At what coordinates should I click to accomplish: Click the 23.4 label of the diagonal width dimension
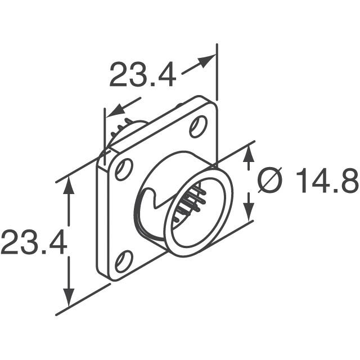(142, 75)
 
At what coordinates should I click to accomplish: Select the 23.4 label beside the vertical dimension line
(34, 242)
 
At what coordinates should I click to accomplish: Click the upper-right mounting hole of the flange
(197, 127)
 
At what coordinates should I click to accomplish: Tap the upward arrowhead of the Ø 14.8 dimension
(247, 157)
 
